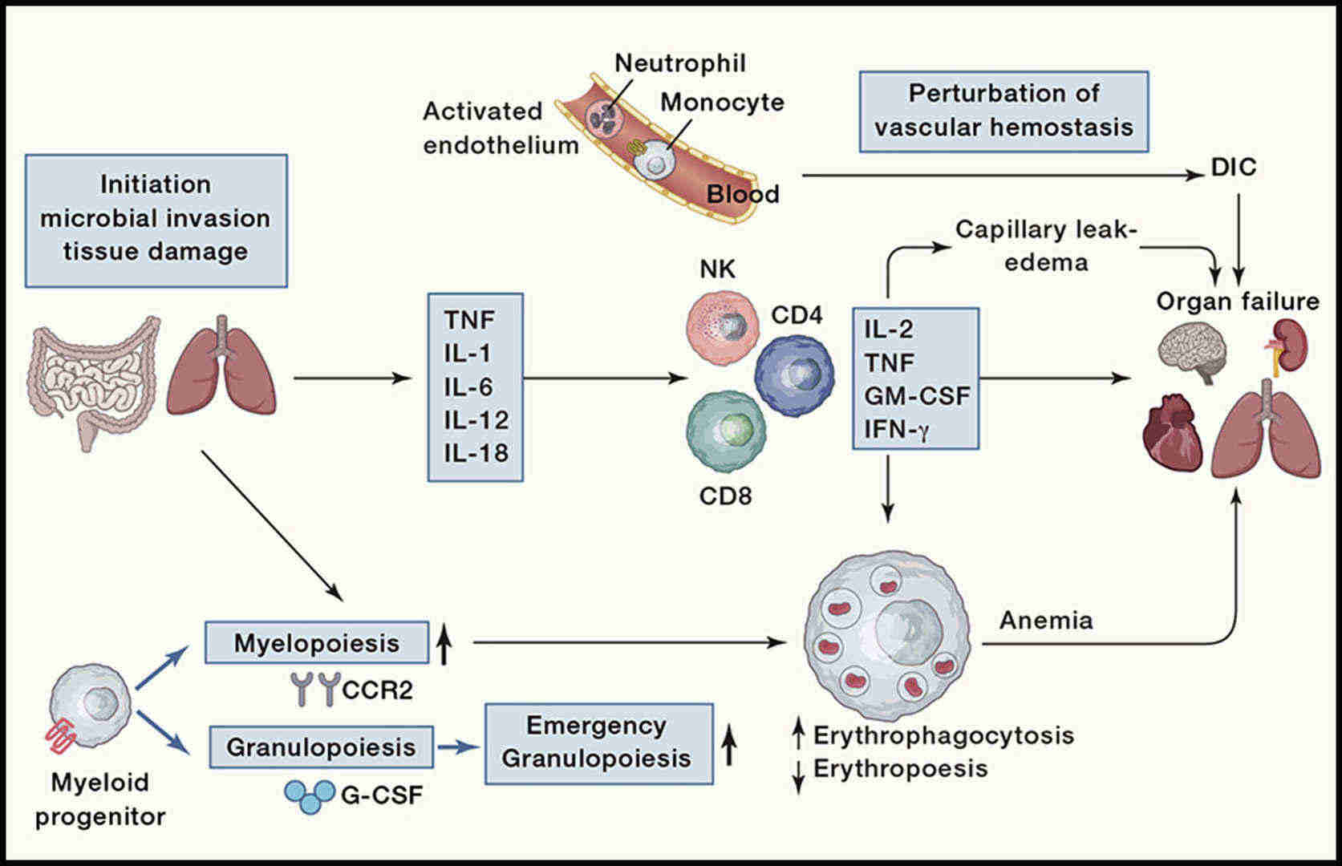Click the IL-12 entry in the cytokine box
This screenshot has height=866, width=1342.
(x=476, y=420)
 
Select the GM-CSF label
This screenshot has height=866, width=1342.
(x=917, y=395)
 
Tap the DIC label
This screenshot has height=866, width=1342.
(x=1233, y=168)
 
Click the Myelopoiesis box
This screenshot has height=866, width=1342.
(x=317, y=642)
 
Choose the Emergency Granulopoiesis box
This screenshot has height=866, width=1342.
(x=598, y=743)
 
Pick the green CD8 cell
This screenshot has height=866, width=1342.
(x=726, y=430)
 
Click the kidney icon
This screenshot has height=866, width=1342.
(x=1288, y=345)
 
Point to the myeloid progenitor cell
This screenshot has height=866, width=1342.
(x=90, y=706)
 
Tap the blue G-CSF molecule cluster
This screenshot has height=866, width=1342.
(x=310, y=795)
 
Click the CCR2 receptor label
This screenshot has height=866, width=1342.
(x=377, y=689)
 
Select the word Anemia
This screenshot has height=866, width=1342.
(x=1045, y=620)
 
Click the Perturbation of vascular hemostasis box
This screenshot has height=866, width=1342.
(x=1003, y=111)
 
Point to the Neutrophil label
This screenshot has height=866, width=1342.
(x=680, y=63)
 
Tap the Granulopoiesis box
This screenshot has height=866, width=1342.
(x=321, y=747)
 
